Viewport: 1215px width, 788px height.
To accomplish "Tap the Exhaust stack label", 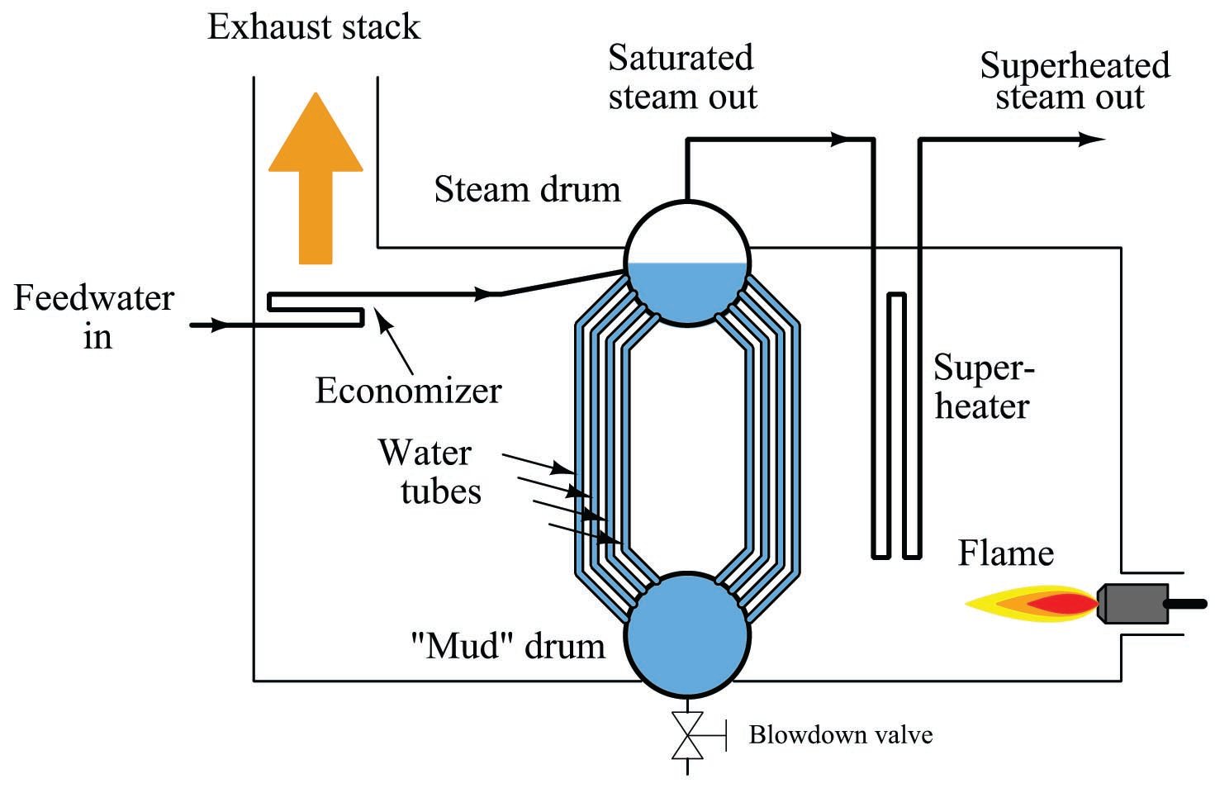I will [313, 27].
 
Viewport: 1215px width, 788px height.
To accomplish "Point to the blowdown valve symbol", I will [687, 734].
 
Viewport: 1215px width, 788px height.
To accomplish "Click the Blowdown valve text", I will [840, 734].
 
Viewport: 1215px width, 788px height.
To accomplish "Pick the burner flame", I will [1032, 605].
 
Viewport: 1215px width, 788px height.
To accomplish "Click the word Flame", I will [1005, 553].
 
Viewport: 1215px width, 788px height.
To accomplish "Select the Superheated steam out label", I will [1074, 81].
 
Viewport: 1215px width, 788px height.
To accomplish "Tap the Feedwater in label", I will [94, 317].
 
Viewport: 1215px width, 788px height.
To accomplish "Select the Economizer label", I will [408, 391].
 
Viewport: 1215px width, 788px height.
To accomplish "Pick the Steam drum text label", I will [527, 190].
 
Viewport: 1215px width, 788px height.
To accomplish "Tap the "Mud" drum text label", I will [507, 645].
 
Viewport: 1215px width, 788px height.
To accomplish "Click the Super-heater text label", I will [983, 387].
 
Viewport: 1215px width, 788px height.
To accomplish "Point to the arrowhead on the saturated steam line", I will [840, 140].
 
